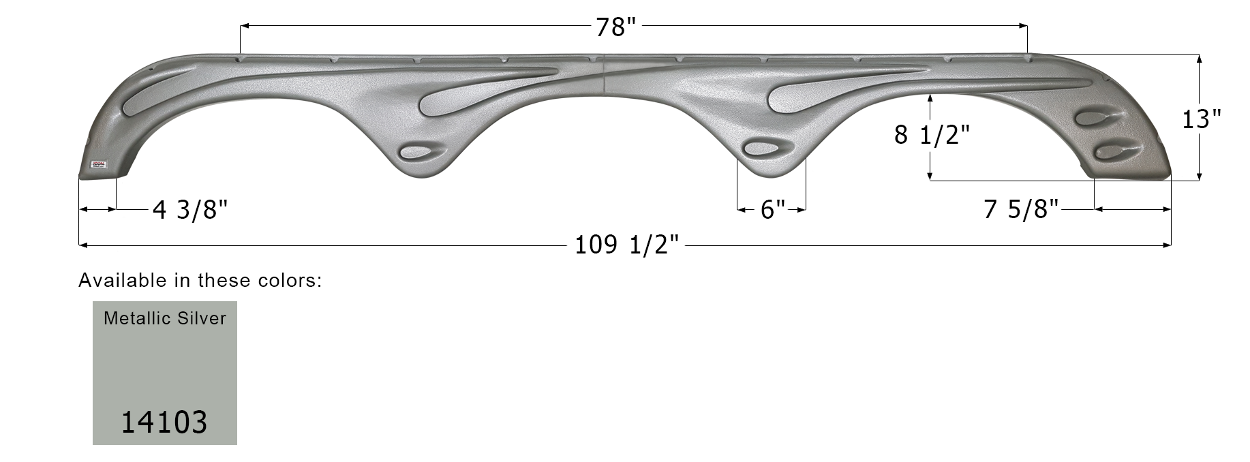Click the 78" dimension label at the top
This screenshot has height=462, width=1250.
coord(615,27)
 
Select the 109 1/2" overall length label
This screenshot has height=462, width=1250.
coord(626,244)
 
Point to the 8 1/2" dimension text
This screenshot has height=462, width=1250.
coord(931,135)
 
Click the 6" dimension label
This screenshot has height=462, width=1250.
coord(772,210)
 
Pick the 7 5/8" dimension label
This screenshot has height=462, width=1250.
coord(1020,210)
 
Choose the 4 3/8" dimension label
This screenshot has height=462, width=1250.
coord(189,210)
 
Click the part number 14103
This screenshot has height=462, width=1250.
coord(164,422)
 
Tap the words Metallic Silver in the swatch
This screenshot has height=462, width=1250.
coord(165,318)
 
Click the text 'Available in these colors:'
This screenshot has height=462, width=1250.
coord(200,280)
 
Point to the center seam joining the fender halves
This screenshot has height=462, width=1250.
coord(605,75)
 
